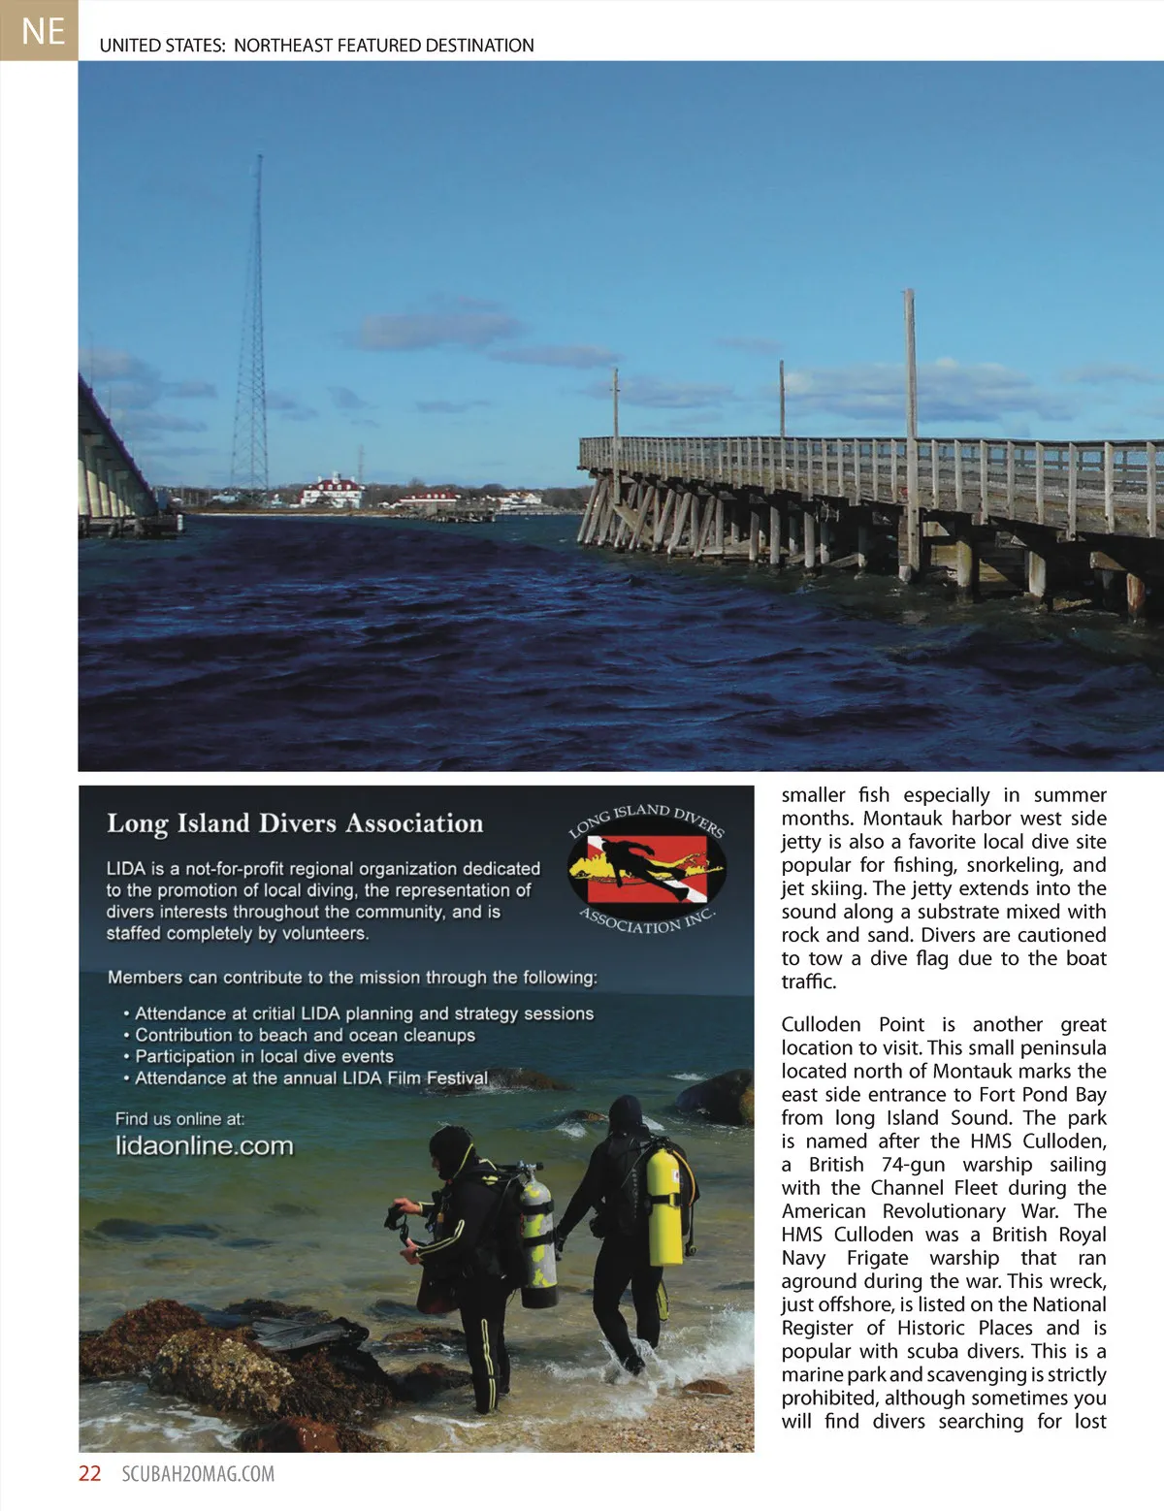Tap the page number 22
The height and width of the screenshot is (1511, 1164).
(89, 1473)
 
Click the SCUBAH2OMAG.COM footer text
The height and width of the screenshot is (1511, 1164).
(198, 1474)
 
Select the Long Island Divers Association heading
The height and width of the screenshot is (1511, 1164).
(295, 823)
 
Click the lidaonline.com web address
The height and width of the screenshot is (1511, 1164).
(204, 1145)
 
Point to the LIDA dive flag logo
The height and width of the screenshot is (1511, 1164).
(647, 867)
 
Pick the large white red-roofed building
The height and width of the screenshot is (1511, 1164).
(333, 490)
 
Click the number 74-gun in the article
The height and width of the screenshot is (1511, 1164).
(913, 1164)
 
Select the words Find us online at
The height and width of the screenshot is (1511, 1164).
(179, 1118)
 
